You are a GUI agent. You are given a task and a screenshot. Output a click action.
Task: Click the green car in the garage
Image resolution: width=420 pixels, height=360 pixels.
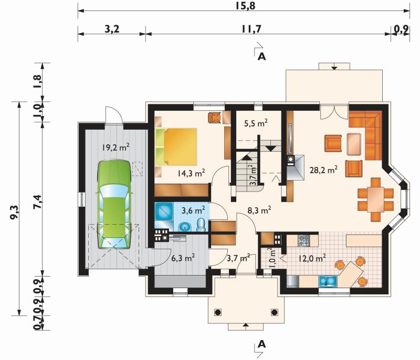click(114, 205)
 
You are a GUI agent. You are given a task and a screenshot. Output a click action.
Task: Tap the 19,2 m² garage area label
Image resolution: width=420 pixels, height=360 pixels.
click(115, 147)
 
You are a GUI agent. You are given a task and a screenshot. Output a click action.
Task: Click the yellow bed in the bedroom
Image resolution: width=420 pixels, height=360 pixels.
click(176, 147)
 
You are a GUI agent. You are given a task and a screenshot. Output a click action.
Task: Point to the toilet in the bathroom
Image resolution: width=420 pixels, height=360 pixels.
click(201, 225)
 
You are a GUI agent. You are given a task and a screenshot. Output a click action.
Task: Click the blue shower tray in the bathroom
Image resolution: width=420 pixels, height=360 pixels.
click(164, 211)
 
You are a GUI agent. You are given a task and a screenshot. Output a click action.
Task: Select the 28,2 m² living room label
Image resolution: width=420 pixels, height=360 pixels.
click(323, 170)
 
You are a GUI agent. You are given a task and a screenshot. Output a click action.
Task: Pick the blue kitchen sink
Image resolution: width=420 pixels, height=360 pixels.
click(328, 281)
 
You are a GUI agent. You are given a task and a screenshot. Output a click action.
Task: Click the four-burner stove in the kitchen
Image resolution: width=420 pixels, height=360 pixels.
click(304, 240)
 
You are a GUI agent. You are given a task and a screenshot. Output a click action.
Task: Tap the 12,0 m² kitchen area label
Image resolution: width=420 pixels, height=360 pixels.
click(312, 259)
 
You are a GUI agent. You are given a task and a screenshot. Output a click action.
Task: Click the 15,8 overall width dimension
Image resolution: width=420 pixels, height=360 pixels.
click(245, 5)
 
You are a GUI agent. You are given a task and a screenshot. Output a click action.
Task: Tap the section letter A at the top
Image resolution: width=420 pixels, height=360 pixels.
click(261, 56)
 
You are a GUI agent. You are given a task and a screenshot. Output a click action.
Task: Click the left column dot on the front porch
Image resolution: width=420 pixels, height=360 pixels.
click(218, 312)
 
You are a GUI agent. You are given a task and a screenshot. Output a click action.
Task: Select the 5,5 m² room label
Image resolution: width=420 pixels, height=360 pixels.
click(256, 123)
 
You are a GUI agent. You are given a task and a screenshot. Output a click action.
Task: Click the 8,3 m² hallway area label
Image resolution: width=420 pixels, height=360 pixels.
click(259, 210)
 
